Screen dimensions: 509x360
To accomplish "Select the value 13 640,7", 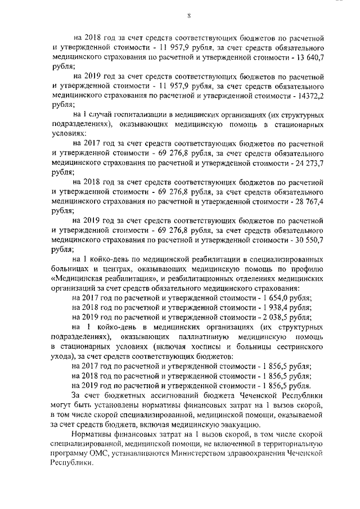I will pos(308,57).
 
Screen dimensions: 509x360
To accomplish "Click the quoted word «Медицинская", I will pos(76,278).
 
